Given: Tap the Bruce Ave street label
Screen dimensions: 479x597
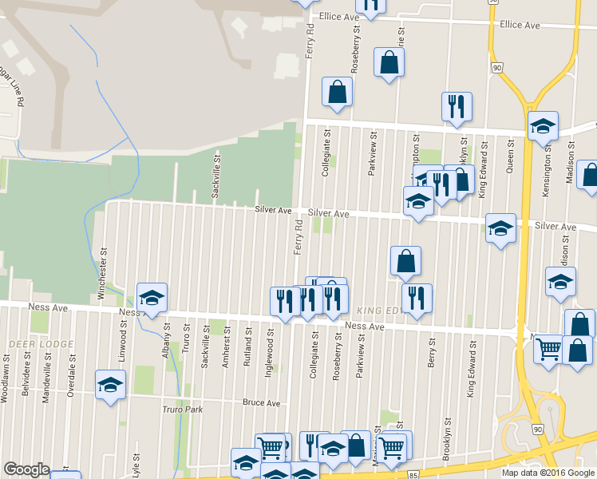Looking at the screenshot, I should pyautogui.click(x=262, y=402).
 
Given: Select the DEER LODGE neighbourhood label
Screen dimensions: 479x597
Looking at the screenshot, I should pyautogui.click(x=41, y=344).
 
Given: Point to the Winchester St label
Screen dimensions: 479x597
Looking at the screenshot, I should pyautogui.click(x=101, y=273).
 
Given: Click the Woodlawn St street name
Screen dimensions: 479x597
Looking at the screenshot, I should pyautogui.click(x=6, y=376).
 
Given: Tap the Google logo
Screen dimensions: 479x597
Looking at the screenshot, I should pyautogui.click(x=26, y=469).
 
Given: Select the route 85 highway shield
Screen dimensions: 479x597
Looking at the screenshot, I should pyautogui.click(x=413, y=474).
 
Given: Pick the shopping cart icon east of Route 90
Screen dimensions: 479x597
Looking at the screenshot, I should pyautogui.click(x=548, y=349).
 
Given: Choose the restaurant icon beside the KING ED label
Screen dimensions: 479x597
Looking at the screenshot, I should pyautogui.click(x=416, y=299).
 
